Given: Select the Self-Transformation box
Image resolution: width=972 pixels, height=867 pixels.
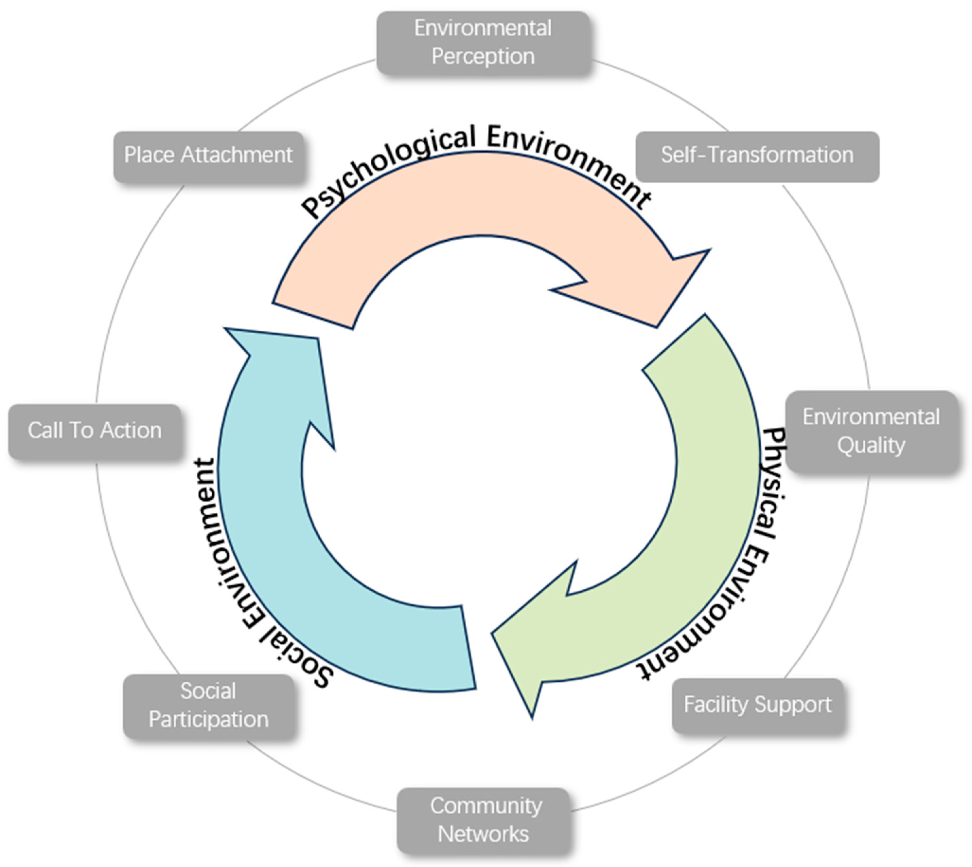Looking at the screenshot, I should pos(757,156).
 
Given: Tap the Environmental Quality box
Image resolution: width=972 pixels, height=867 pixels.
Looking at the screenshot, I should pos(871,431).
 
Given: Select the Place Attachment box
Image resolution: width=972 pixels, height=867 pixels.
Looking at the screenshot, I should pos(208,156).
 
